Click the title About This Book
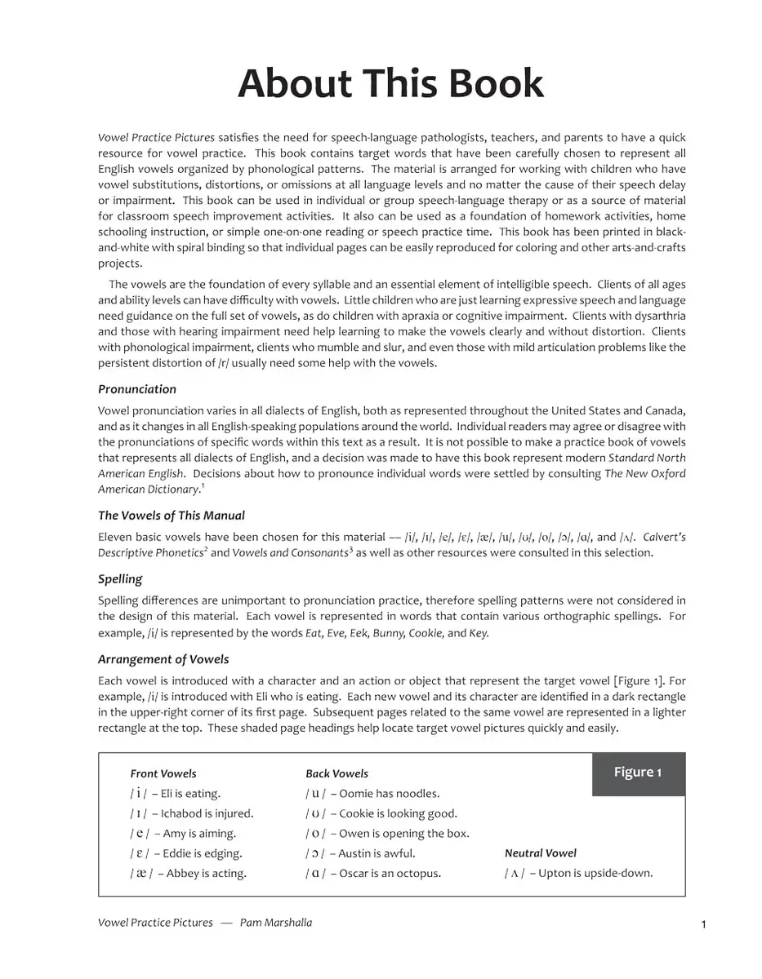[390, 84]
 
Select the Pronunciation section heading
[137, 389]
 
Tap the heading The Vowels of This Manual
[172, 516]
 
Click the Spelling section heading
[120, 579]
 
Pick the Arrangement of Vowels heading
[163, 659]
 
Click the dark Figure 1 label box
[638, 773]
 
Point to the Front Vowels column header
[163, 773]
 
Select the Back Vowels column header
[336, 773]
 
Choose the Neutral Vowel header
[540, 853]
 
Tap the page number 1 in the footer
[703, 924]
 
